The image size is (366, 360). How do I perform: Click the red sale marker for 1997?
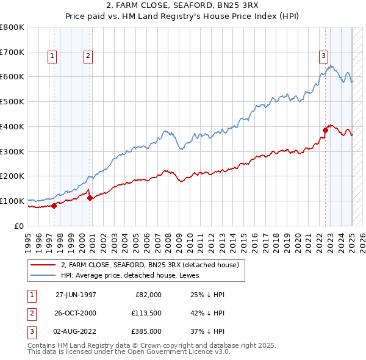coord(54,205)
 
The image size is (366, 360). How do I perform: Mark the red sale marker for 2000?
coord(90,198)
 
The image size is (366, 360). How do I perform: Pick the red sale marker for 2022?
coord(325,129)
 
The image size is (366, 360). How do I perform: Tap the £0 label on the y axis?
coord(19,226)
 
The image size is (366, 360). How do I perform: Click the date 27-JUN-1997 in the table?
coord(76,295)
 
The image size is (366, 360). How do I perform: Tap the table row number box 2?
coord(30,314)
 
